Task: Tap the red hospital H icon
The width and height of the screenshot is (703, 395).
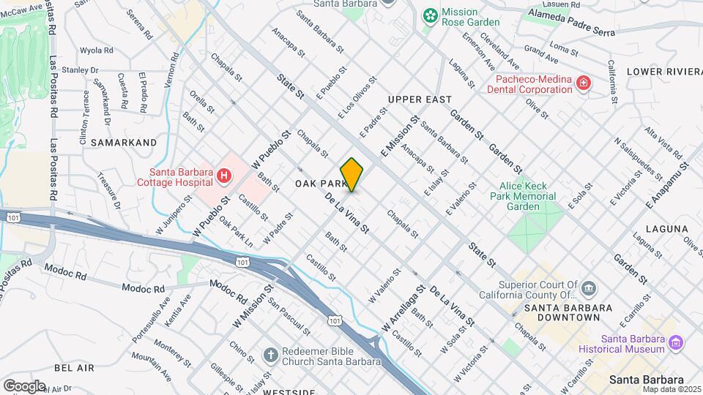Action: tap(224, 176)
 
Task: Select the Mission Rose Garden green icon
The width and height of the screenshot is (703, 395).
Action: tap(431, 15)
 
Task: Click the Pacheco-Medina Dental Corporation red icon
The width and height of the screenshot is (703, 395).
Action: tap(583, 83)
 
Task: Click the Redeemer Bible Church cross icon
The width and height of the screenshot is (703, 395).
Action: tap(270, 355)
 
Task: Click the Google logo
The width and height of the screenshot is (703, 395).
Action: tap(24, 385)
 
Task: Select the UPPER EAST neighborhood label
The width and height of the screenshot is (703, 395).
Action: tap(420, 99)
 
